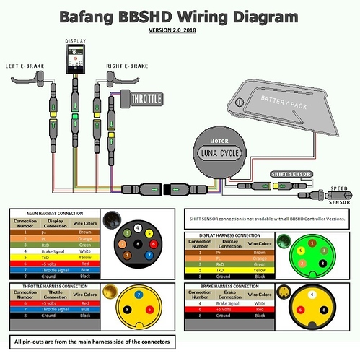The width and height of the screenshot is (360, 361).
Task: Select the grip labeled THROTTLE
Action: coord(145,97)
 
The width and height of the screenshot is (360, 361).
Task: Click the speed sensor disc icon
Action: coord(347,194)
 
